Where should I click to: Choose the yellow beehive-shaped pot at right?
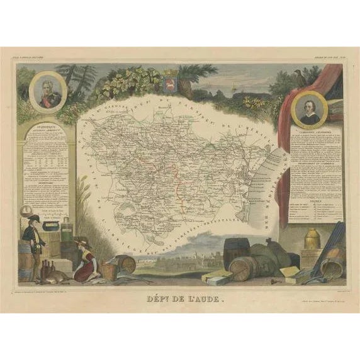tap(312, 239)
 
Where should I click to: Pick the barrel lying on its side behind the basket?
tap(125, 262)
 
